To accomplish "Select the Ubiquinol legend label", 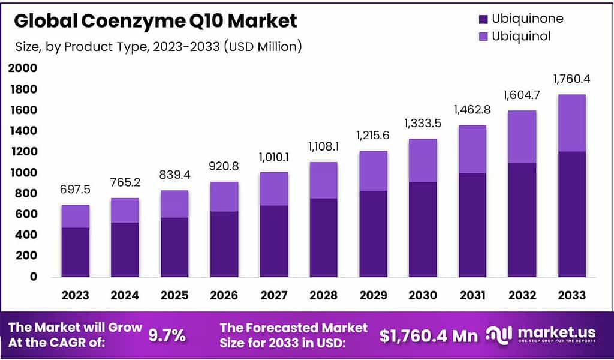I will coord(520,37).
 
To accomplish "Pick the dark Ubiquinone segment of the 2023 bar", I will coord(76,252).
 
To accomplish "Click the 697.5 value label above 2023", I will coord(76,189).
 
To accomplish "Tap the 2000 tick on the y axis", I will coord(23,69).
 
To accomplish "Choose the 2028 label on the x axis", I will coord(323,295).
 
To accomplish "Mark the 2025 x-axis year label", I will coord(174,295).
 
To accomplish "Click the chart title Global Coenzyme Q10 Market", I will coord(155,21).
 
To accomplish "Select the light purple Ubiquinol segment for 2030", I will coord(423,161).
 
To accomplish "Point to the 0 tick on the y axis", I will coord(32,277).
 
